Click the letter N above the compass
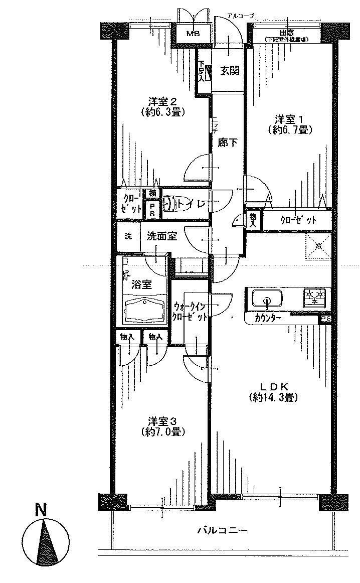pos(41,510)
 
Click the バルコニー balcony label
pos(222,530)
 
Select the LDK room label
pos(273,386)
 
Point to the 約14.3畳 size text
pos(273,398)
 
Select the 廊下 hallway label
pos(227,142)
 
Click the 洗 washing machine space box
pos(128,236)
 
